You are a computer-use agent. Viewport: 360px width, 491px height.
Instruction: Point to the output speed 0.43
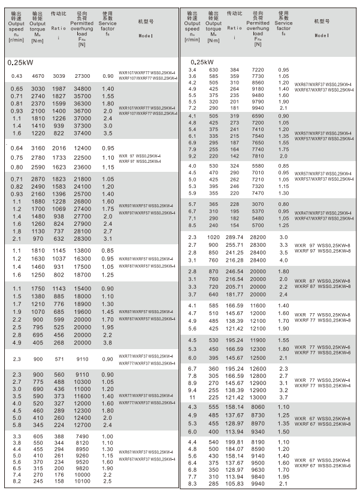(16, 76)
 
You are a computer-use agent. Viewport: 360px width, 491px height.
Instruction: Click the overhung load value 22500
(82, 157)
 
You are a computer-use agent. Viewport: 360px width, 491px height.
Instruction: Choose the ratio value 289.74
(234, 238)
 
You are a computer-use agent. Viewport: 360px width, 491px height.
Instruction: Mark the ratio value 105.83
(234, 483)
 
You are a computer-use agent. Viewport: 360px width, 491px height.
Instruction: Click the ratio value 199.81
(234, 441)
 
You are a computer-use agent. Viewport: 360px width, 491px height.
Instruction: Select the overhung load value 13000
(257, 396)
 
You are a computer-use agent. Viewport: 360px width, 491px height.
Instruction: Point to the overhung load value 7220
(257, 69)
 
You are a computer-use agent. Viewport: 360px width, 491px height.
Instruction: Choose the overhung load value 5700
(257, 226)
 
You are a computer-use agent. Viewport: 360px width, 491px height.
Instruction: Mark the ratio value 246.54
(234, 271)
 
